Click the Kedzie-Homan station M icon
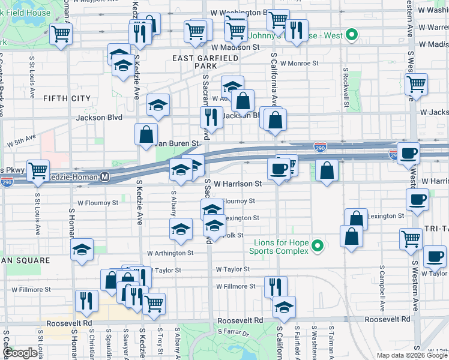pos(104,177)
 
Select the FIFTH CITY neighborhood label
pos(66,98)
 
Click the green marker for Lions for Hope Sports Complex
pos(319,245)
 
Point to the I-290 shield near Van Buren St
pos(320,146)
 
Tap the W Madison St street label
pos(235,47)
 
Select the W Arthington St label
pos(170,253)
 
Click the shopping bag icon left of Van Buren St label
pos(146,134)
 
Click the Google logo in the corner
pos(19,353)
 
